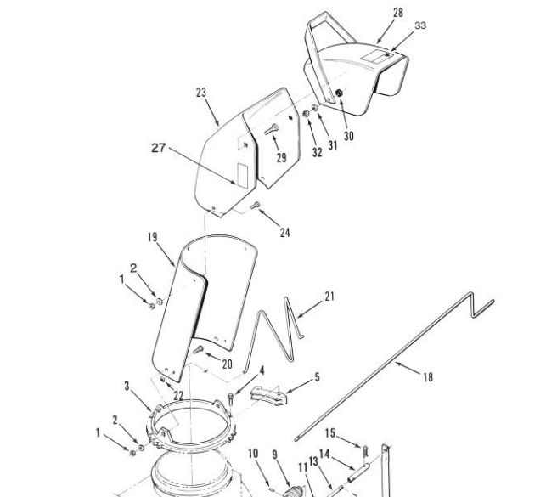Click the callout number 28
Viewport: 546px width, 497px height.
[x=398, y=13]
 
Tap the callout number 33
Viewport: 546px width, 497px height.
[x=420, y=25]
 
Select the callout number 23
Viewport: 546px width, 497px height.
[x=201, y=93]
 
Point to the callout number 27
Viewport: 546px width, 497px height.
[x=159, y=148]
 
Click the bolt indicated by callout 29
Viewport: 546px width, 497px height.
[x=272, y=129]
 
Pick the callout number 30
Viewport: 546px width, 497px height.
[x=349, y=136]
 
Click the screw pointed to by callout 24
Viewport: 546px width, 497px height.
[x=256, y=206]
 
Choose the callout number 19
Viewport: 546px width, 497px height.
[x=153, y=237]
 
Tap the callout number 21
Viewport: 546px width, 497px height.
[x=329, y=297]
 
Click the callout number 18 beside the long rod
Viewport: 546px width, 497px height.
[x=428, y=377]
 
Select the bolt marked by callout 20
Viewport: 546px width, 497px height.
[x=198, y=349]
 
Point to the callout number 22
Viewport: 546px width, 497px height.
[x=178, y=396]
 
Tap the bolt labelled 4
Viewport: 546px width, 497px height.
[x=231, y=398]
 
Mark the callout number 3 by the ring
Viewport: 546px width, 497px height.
[x=127, y=386]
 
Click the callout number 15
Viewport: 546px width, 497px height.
[x=330, y=433]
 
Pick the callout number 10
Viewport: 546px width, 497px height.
[x=254, y=454]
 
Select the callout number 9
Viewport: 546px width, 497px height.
[x=275, y=455]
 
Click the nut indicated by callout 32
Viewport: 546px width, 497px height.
[x=307, y=114]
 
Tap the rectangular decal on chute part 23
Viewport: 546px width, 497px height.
[x=243, y=174]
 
